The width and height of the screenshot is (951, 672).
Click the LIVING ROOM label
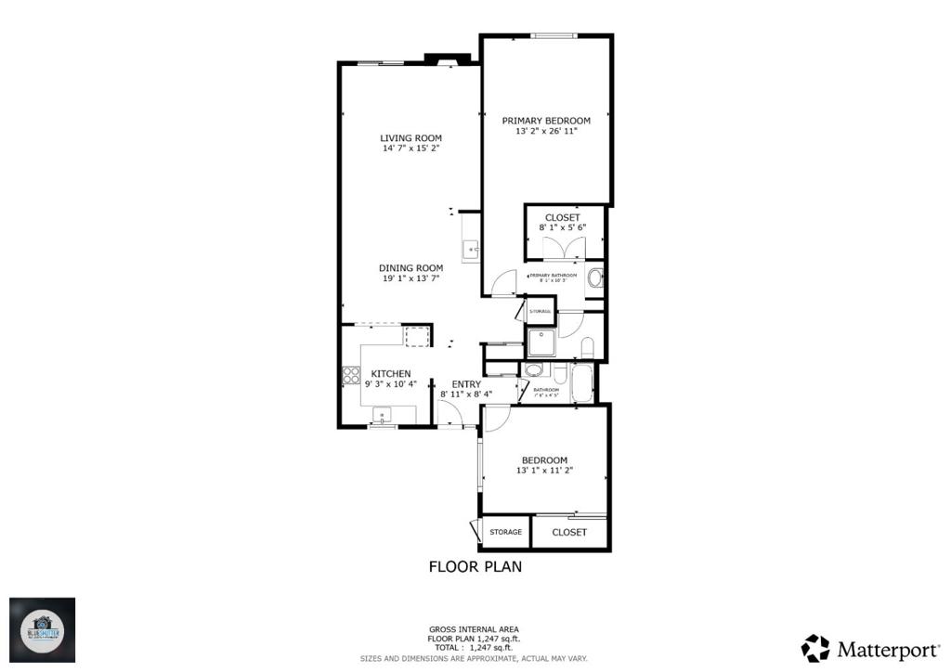[x=410, y=138]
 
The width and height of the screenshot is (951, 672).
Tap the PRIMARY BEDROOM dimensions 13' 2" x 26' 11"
[x=546, y=132]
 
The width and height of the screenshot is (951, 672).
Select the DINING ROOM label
[x=410, y=268]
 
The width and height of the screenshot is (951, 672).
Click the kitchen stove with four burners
[x=352, y=376]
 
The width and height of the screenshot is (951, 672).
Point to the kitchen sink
[x=382, y=413]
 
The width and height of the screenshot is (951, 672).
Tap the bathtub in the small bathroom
[x=582, y=382]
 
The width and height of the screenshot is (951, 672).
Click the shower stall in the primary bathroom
[x=541, y=342]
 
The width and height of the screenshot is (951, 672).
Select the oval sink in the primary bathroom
[x=596, y=277]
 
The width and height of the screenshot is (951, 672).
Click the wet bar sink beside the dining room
[x=470, y=248]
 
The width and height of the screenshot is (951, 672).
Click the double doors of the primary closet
[x=564, y=249]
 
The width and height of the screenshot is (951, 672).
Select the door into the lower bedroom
[x=495, y=419]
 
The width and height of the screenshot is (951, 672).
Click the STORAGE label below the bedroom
[x=505, y=533]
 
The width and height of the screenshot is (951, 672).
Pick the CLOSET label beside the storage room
[x=569, y=533]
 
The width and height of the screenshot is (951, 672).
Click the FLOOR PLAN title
[x=475, y=566]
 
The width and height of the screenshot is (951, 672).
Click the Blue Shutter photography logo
[x=43, y=629]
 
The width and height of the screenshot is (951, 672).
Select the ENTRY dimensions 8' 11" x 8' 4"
[x=466, y=394]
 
